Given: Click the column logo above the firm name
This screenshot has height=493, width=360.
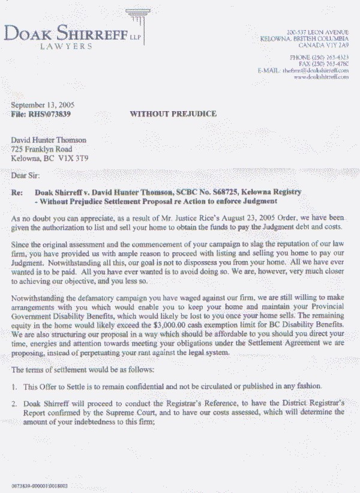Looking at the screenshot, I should tap(142, 23).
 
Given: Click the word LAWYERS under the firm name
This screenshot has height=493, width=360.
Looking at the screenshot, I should tap(65, 46).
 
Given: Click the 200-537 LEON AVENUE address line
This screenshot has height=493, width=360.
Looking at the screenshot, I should tap(317, 31).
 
